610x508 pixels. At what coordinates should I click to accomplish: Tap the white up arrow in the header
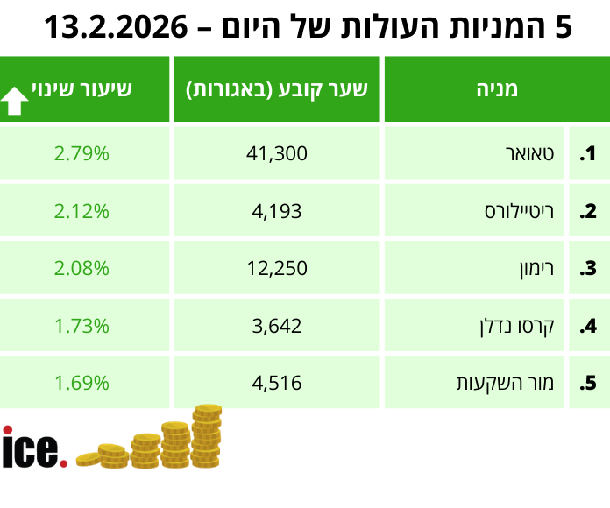pos(15,101)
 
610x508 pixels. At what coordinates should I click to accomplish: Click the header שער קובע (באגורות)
pos(277,89)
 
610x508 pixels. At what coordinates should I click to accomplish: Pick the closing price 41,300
pos(277,154)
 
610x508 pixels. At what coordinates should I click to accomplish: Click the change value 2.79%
pos(82,154)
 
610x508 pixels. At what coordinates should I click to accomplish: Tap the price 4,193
pos(277,211)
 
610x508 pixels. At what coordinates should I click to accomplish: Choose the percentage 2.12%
pos(82,211)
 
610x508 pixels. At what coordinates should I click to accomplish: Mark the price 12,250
pos(277,268)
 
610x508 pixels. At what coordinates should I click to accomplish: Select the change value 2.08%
pos(82,268)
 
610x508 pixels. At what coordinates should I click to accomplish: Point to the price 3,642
pos(277,326)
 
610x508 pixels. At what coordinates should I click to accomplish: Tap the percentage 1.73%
pos(82,326)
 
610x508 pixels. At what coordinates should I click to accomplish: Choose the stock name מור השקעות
pos(505,383)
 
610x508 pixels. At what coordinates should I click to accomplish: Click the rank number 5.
pos(588,383)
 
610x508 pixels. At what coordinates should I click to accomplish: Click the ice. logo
pos(33,448)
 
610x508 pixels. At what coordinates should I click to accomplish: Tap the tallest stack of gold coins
pos(207,436)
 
